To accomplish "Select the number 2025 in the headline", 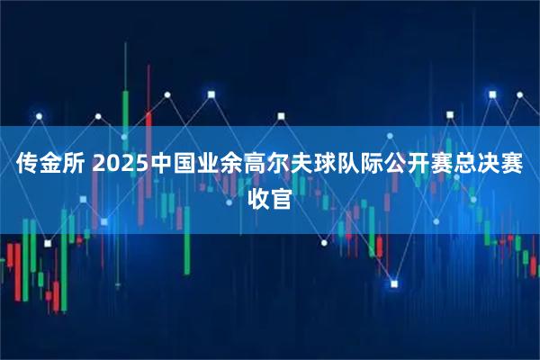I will [x=121, y=166].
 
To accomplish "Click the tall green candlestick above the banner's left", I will [x=126, y=108].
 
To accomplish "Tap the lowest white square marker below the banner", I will [x=393, y=285].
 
